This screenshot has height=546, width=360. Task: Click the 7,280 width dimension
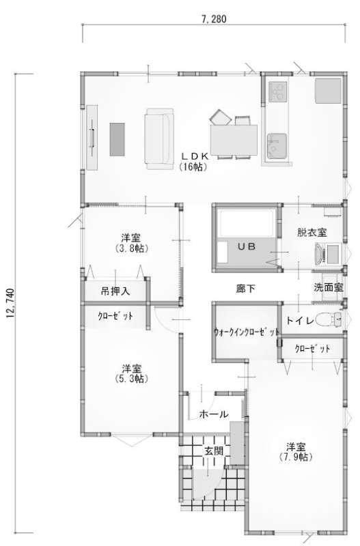pyautogui.click(x=214, y=19)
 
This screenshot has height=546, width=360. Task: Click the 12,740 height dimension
pyautogui.click(x=10, y=303)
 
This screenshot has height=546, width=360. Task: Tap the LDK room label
pyautogui.click(x=194, y=162)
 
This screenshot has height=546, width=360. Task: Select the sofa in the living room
pyautogui.click(x=159, y=139)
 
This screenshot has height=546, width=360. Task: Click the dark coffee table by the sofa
pyautogui.click(x=117, y=139)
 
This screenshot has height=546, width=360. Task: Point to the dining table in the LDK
pyautogui.click(x=234, y=140)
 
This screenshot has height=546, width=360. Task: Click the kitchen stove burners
pyautogui.click(x=278, y=91)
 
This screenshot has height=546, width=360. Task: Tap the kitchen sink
pyautogui.click(x=277, y=146)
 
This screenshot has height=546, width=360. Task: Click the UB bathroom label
pyautogui.click(x=247, y=246)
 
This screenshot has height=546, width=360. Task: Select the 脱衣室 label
pyautogui.click(x=312, y=233)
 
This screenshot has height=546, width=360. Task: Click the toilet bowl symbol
pyautogui.click(x=329, y=319)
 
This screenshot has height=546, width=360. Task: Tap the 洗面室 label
pyautogui.click(x=329, y=287)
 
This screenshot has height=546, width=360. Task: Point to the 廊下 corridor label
pyautogui.click(x=246, y=288)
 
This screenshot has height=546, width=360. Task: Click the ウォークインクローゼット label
pyautogui.click(x=247, y=332)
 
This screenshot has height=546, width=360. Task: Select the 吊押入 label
pyautogui.click(x=115, y=291)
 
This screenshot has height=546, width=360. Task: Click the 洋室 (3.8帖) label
pyautogui.click(x=131, y=244)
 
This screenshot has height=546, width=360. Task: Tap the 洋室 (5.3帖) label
pyautogui.click(x=131, y=373)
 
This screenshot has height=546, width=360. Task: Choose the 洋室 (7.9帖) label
pyautogui.click(x=296, y=452)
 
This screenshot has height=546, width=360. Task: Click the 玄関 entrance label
pyautogui.click(x=214, y=451)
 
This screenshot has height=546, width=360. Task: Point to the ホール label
pyautogui.click(x=214, y=414)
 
